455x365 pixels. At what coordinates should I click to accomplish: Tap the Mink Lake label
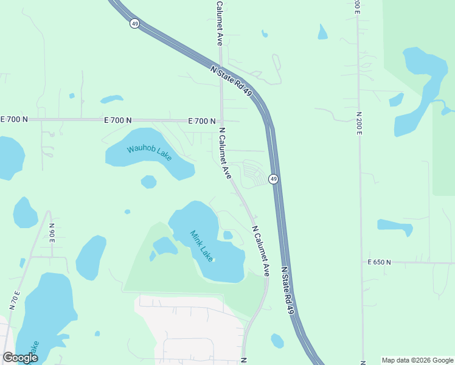point(202,246)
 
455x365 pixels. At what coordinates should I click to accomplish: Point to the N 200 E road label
point(359,131)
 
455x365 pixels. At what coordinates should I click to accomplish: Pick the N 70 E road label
point(15,302)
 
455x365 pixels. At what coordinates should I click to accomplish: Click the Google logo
point(20,358)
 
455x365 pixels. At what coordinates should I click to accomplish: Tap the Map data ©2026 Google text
point(418,360)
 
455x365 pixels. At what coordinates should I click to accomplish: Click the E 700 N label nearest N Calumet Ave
point(202,121)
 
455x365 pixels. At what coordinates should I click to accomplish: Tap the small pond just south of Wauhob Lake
point(148,182)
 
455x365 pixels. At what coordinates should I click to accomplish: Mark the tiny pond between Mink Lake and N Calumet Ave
point(227,235)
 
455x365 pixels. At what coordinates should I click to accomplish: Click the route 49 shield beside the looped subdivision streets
point(274,179)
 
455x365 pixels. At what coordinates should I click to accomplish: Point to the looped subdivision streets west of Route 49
point(254,174)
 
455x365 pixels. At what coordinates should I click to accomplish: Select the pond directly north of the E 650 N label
point(395,227)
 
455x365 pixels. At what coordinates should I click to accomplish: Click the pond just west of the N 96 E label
point(26,213)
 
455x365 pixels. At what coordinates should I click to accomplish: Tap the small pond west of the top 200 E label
point(322,32)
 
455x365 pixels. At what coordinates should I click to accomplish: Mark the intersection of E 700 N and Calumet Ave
point(221,121)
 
